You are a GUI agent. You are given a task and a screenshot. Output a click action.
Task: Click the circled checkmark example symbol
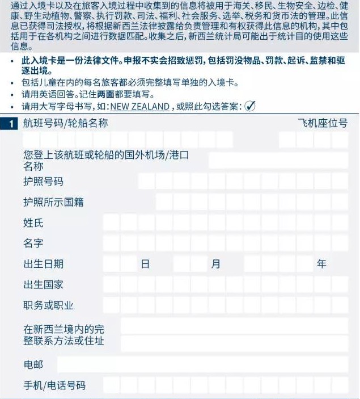(250, 106)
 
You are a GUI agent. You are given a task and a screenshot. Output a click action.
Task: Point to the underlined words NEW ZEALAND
(140, 107)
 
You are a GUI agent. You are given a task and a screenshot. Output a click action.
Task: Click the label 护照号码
(43, 182)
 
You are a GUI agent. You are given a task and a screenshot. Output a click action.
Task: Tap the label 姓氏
(33, 223)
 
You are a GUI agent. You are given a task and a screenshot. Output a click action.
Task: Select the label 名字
(33, 243)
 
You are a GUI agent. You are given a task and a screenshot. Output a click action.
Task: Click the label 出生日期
(43, 264)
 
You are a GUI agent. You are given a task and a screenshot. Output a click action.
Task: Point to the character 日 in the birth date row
(145, 264)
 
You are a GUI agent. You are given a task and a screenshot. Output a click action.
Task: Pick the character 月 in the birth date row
(215, 264)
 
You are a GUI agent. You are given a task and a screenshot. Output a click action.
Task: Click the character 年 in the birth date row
(321, 264)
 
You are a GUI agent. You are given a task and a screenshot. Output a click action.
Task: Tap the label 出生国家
(43, 284)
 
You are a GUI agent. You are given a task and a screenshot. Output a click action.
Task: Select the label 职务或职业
(48, 305)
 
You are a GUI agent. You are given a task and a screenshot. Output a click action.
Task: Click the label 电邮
(33, 364)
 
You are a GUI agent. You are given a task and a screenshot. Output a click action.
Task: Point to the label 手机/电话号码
(54, 385)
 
